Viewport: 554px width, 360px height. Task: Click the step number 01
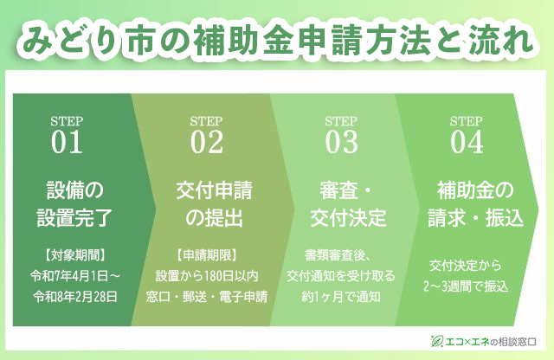(67, 142)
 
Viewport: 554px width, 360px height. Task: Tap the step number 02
(207, 142)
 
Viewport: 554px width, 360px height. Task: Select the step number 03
(341, 142)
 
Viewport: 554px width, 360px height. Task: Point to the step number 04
(467, 142)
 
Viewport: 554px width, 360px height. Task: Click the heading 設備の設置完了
(74, 203)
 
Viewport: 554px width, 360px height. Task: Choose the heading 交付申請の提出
(214, 203)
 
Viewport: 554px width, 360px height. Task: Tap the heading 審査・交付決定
(348, 203)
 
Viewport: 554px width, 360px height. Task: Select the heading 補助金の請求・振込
(475, 203)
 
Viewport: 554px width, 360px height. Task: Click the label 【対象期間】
(75, 254)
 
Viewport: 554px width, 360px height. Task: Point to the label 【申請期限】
(207, 254)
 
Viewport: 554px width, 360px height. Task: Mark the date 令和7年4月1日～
(75, 275)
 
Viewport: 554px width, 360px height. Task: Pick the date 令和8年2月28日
(75, 297)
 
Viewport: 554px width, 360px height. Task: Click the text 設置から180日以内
(207, 275)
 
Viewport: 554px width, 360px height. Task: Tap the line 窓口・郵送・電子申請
(207, 297)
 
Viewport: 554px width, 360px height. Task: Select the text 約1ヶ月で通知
(341, 297)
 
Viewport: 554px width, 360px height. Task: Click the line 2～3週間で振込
(466, 286)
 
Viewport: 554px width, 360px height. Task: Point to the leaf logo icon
(437, 341)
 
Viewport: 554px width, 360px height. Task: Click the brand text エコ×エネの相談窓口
(491, 342)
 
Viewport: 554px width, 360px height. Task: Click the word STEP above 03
(341, 121)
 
